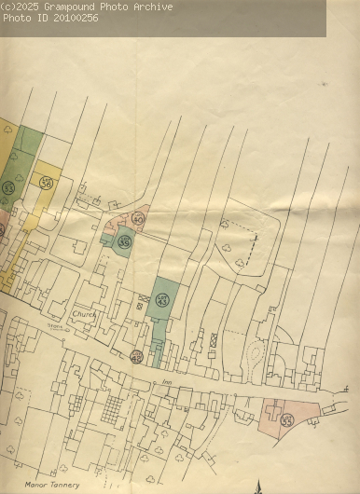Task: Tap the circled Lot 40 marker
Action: (x=138, y=219)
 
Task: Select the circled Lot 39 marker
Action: (x=124, y=241)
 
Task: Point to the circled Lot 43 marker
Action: (x=162, y=300)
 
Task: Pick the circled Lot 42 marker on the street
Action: (x=136, y=356)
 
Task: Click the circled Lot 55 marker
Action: (x=287, y=420)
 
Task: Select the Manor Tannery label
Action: (x=52, y=485)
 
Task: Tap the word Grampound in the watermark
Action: (x=75, y=7)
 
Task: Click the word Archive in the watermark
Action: (x=152, y=7)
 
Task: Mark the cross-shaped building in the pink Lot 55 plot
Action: (x=273, y=411)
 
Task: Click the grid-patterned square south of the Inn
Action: (x=112, y=406)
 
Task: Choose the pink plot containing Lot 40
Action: (x=131, y=222)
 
